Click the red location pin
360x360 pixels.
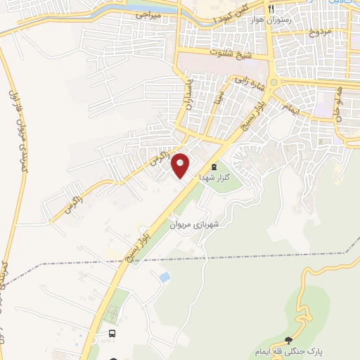tap(181, 165)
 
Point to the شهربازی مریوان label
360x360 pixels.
tap(195, 225)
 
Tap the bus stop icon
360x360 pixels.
tap(112, 333)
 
